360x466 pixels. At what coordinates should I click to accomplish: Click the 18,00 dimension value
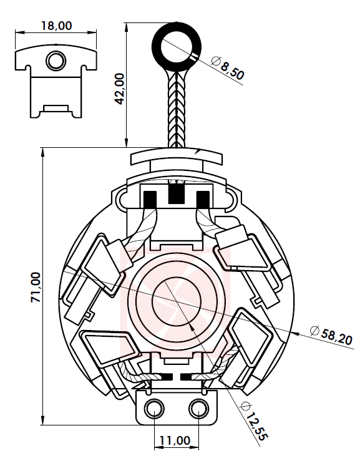click(x=56, y=25)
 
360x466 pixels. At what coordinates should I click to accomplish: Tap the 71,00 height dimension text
click(x=36, y=287)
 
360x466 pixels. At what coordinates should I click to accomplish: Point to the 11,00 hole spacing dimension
click(x=175, y=440)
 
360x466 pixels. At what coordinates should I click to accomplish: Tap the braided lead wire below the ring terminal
click(x=177, y=109)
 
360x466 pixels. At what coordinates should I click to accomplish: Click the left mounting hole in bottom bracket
click(x=153, y=409)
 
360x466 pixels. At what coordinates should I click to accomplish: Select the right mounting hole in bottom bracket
click(x=198, y=409)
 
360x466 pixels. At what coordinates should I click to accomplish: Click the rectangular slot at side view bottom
click(x=56, y=109)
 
